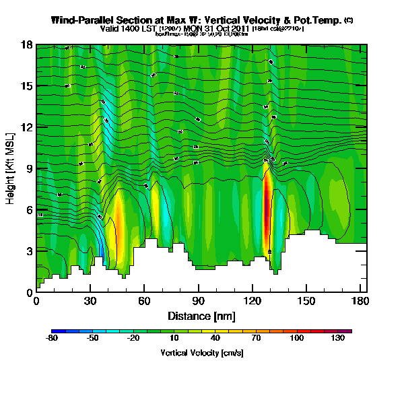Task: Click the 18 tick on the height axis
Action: (28, 45)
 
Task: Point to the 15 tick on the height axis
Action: (28, 86)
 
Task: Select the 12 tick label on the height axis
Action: (28, 127)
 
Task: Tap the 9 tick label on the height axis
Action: (29, 168)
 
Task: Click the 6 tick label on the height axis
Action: (29, 209)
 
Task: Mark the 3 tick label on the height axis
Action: (29, 251)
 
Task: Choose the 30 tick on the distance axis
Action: (90, 300)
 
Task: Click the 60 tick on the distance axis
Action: (144, 300)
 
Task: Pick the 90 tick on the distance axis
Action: (198, 300)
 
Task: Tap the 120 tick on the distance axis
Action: (252, 300)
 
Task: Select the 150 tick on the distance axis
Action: (306, 300)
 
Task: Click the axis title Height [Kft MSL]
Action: (11, 168)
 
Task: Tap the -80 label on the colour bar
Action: (51, 338)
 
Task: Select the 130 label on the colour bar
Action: (337, 338)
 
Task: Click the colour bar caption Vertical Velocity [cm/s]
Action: (201, 352)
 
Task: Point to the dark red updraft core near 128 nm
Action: (267, 209)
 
